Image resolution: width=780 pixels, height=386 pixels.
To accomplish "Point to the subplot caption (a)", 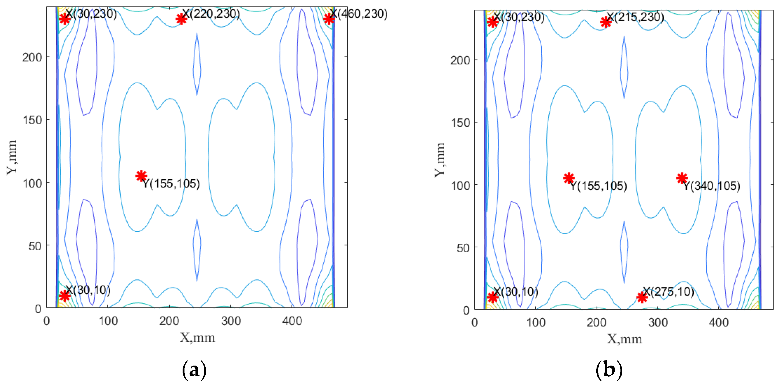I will tap(194, 370).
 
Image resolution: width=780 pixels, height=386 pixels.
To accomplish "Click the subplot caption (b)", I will tap(609, 370).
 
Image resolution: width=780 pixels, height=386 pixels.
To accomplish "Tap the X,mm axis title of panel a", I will tap(197, 337).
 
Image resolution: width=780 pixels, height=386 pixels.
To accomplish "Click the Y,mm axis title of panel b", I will tap(440, 160).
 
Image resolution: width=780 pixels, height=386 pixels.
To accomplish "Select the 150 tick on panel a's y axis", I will tap(32, 120).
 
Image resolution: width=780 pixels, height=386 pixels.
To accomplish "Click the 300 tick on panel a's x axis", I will tap(231, 321).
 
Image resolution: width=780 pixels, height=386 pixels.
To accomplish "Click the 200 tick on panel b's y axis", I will tap(460, 60).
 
